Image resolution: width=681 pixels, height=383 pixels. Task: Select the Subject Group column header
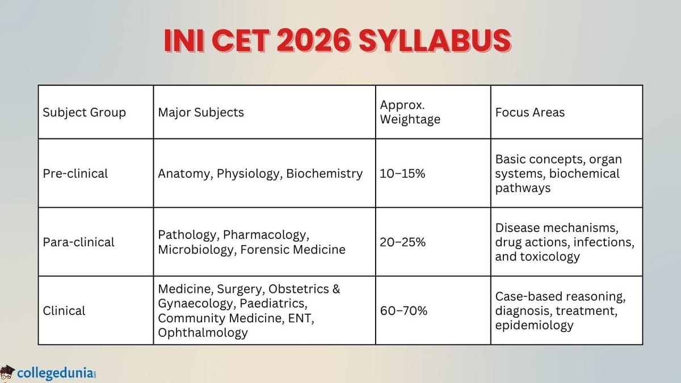click(x=84, y=112)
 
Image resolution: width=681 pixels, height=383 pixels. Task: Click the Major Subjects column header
click(x=201, y=112)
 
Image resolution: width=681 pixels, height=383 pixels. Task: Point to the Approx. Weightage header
click(x=409, y=112)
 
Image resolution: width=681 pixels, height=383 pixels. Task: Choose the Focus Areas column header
click(x=530, y=112)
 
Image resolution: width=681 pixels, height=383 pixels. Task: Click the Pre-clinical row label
click(x=75, y=174)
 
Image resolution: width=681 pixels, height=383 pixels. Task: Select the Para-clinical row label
click(x=79, y=242)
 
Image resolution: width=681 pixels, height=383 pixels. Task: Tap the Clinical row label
click(x=64, y=311)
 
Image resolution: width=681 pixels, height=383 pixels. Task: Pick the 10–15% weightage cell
click(x=402, y=174)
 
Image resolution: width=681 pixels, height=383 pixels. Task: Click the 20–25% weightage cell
click(x=403, y=242)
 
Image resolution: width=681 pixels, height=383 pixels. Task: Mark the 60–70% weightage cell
click(x=403, y=311)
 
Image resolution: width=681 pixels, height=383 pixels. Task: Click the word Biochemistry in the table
click(x=324, y=174)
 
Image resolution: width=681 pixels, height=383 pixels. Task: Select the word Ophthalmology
click(x=203, y=333)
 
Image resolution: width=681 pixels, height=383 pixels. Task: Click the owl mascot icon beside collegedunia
click(x=7, y=372)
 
